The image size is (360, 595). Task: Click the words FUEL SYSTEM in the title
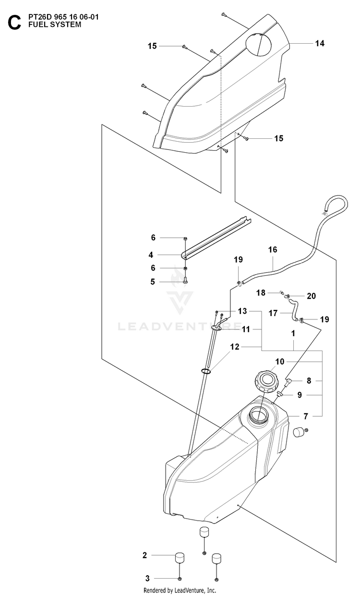55,24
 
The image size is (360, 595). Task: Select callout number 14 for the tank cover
320,43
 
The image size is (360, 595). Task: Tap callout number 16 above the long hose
272,250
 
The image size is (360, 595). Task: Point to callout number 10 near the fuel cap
280,362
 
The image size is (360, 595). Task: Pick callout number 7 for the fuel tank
306,416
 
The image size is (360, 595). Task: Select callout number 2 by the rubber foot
144,555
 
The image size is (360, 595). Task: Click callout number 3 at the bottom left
148,578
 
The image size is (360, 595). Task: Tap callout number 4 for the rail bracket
151,255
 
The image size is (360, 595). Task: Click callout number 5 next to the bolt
152,282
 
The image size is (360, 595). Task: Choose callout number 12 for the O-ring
235,347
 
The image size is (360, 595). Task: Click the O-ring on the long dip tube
206,371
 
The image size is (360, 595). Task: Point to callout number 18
261,293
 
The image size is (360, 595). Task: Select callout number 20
311,296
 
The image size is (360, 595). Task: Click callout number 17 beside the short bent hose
273,313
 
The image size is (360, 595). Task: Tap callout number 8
309,381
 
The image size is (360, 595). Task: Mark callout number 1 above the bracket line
293,334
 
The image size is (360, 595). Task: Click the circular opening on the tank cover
259,45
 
